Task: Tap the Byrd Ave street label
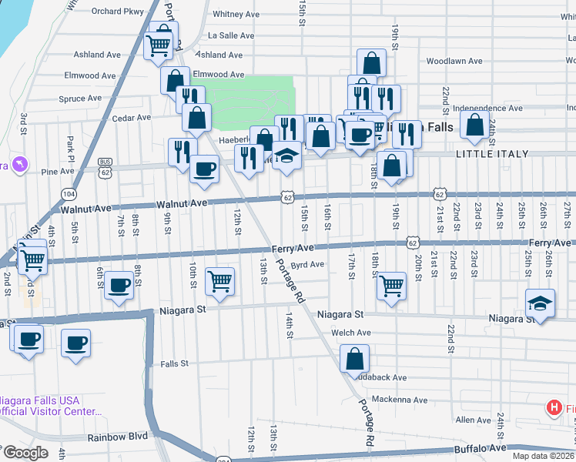pos(307,264)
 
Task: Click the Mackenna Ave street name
pos(399,400)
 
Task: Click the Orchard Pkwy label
pos(117,12)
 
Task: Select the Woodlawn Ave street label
pos(454,61)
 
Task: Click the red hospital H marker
pos(553,407)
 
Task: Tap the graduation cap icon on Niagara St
pos(541,303)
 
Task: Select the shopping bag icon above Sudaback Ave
pos(354,358)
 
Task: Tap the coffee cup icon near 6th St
pos(119,285)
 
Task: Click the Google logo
pos(25,453)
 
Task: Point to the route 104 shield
pos(70,193)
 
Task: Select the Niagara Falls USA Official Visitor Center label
pos(50,406)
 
